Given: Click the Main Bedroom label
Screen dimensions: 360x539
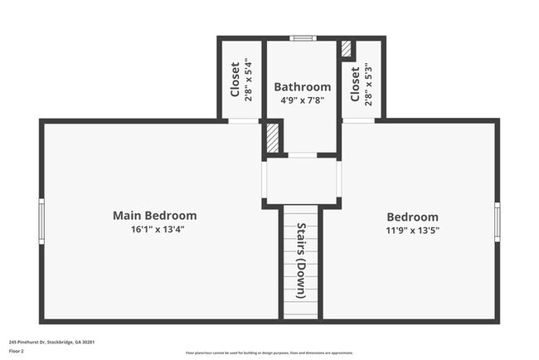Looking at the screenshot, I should coord(154,216).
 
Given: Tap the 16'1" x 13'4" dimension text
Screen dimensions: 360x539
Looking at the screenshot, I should coord(154,229).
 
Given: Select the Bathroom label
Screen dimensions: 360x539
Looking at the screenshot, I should coord(302,86).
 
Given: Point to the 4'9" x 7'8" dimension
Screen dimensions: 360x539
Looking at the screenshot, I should coord(302,100).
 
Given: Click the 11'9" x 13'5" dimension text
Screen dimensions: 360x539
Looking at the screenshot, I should coord(412,230).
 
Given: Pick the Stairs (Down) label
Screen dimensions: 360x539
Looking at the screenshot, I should coord(301,260).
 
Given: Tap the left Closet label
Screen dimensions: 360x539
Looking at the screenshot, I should coord(236,80).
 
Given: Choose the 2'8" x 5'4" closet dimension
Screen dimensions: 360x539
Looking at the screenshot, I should coord(248,80).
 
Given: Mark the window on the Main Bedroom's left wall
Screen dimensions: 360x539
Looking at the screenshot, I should coord(41,221).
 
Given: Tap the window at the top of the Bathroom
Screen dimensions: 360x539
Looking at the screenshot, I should coord(302,37).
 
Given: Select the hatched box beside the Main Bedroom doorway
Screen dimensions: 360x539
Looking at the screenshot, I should coord(271,137).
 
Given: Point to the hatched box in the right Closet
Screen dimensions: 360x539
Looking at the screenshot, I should coord(347,49).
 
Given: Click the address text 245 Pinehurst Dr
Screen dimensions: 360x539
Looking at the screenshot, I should coord(51,341).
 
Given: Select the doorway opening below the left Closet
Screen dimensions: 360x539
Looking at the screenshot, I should coord(244,121).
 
